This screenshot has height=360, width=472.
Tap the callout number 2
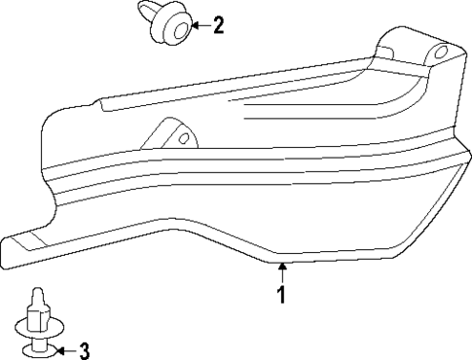coord(218,25)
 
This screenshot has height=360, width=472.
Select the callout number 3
coord(85,350)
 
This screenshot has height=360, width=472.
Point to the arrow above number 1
coord(281,271)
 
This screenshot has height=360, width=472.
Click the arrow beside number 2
coord(197,26)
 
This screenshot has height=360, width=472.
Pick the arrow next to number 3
coord(64,350)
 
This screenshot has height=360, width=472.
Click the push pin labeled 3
coord(36,325)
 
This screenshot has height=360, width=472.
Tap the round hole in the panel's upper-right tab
coord(440,51)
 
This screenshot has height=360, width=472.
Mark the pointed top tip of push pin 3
coord(36,292)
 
